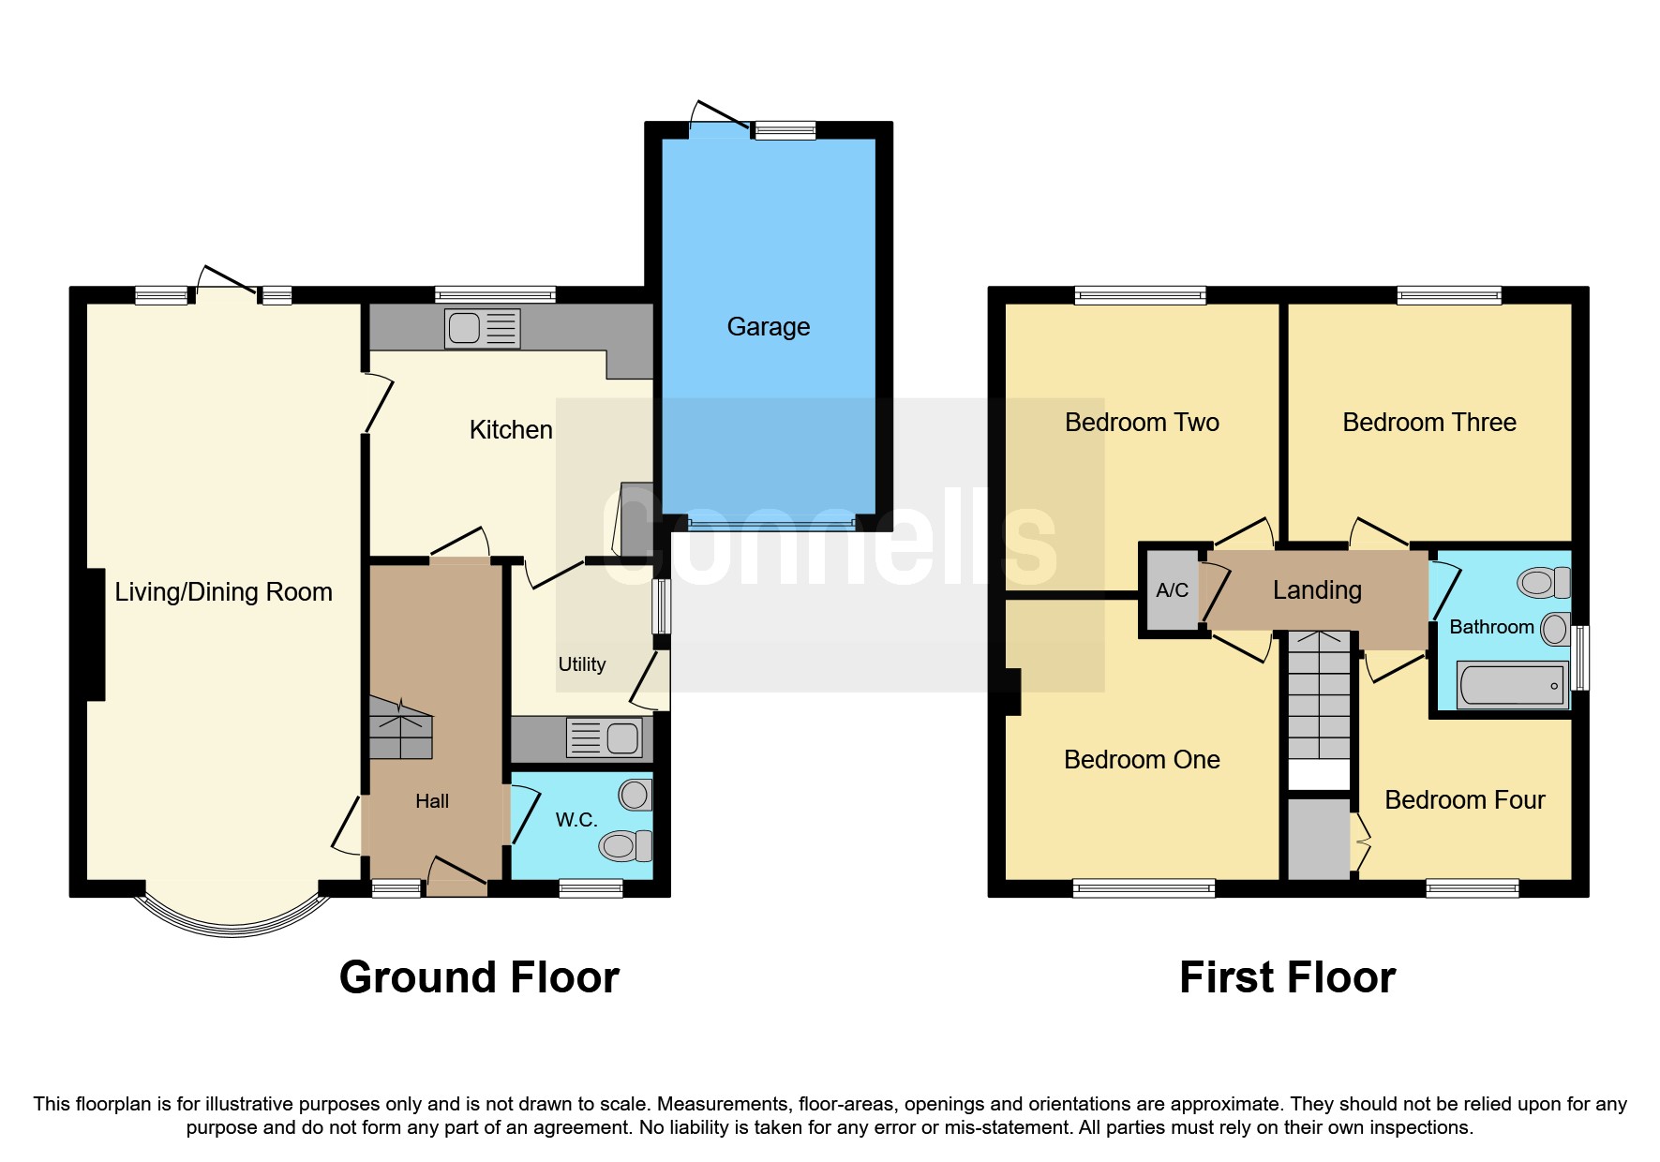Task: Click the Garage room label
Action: [768, 327]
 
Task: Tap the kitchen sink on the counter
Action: [482, 329]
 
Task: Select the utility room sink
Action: [605, 737]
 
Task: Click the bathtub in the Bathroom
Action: [1511, 685]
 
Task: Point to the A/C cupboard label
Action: [1172, 590]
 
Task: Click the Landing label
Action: [1316, 590]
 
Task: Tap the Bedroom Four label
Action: [1464, 800]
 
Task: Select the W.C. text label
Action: [576, 820]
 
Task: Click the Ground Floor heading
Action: [479, 977]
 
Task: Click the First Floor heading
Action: [1287, 977]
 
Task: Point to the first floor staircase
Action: [1319, 698]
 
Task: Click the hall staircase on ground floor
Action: [401, 729]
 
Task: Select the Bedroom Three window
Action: [1448, 296]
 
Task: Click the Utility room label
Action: [581, 664]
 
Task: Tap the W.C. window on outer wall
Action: [591, 887]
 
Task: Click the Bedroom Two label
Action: [1141, 423]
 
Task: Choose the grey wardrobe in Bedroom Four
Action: [1317, 839]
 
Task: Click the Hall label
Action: [432, 801]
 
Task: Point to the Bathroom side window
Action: [1579, 657]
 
